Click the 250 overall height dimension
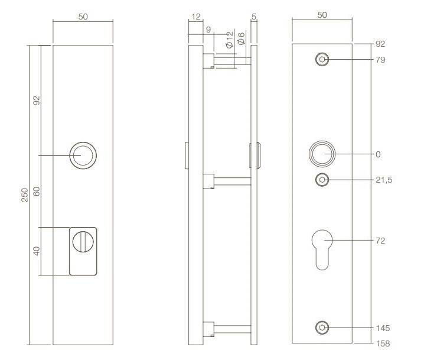tap(25, 195)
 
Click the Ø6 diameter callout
tap(241, 41)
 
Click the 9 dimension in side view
tap(208, 29)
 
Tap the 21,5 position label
tap(383, 180)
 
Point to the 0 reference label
tap(377, 154)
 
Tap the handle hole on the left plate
tap(82, 155)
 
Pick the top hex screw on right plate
tap(322, 59)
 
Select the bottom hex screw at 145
tap(322, 327)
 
